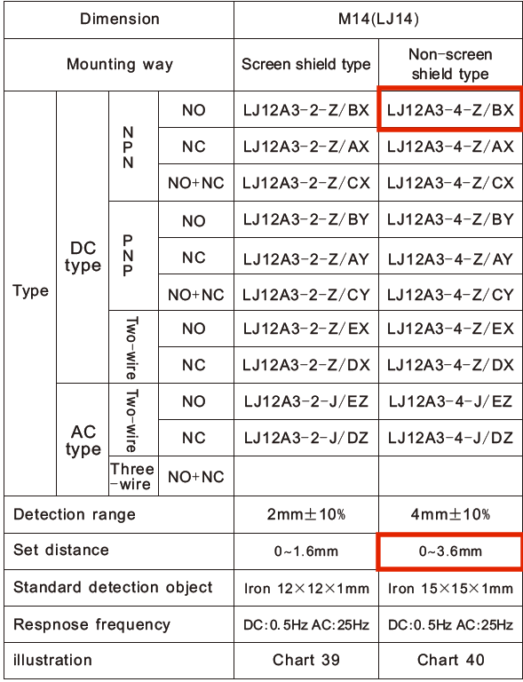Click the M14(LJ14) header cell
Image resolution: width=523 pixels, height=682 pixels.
point(378,20)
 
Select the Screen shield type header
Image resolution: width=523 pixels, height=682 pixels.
point(306,64)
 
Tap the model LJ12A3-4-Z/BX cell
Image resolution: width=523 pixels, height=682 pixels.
point(450,110)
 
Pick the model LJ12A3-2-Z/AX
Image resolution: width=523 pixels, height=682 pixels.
point(306,147)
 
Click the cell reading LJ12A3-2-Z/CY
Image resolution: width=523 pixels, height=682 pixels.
point(306,295)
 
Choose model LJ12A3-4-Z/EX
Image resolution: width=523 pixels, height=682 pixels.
point(450,329)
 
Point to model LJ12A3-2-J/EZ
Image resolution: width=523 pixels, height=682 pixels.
point(306,401)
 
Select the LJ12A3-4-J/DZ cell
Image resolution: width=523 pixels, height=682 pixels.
point(450,438)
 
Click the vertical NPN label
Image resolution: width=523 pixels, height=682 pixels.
point(128,147)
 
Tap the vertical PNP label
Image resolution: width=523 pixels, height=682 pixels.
point(128,256)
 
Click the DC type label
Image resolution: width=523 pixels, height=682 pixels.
point(83,257)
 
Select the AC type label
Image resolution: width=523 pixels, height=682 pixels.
point(83,440)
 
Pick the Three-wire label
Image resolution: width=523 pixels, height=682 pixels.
point(132,476)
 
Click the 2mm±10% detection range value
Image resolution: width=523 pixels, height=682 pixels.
point(306,514)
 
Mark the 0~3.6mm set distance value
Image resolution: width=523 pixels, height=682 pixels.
point(450,551)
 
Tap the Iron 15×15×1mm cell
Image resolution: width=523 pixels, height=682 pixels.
point(450,589)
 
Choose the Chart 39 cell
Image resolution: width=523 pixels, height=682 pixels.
point(306,660)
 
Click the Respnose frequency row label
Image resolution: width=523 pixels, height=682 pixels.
point(91,624)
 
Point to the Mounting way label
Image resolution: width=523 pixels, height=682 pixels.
point(120,64)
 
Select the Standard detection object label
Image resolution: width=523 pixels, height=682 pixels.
point(113,588)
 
